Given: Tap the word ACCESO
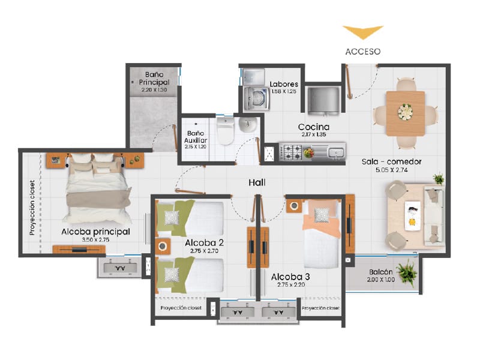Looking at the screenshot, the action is [363, 52].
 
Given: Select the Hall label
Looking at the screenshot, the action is [257, 183].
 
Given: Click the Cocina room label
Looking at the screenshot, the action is [314, 127].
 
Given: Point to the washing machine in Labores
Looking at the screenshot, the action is [257, 98].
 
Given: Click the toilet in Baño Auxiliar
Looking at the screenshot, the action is [226, 131].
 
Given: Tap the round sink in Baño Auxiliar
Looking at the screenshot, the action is [248, 124].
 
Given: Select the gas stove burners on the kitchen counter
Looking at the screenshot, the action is [292, 152].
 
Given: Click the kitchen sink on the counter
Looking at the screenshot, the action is [336, 152].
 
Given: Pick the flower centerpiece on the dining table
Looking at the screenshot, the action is [406, 112].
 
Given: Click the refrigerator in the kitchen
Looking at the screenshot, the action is [323, 100].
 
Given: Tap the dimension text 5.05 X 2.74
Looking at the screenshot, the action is [392, 170].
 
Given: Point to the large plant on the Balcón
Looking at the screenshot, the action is [407, 272].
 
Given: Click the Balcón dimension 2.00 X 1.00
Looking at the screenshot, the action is [381, 280].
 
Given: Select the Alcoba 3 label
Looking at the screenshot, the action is [290, 277].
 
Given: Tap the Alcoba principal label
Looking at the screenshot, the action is [95, 232].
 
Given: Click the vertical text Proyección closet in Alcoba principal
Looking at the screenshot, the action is [32, 207].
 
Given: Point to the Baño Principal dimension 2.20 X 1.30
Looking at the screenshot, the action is [154, 90].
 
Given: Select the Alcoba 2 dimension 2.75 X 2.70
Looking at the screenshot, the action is [204, 251].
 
